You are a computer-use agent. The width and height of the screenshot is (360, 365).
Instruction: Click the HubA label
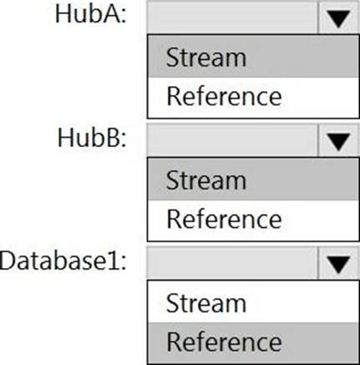tap(90, 14)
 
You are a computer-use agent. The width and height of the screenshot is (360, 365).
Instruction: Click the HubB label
tap(92, 138)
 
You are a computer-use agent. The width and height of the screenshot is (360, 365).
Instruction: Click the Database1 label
tap(63, 261)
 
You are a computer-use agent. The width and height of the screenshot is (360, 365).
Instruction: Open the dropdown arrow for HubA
tap(338, 18)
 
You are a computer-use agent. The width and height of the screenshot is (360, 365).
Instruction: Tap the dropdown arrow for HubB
tap(338, 141)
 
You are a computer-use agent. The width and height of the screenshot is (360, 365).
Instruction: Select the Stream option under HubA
tap(206, 58)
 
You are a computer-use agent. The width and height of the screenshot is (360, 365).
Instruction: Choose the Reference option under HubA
tap(224, 96)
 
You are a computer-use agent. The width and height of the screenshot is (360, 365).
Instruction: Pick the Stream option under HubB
tap(206, 180)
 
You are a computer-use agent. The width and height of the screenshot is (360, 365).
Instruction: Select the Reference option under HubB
tap(224, 220)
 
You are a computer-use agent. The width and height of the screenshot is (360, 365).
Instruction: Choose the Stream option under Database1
tap(206, 303)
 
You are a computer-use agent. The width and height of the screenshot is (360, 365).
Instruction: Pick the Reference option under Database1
tap(224, 342)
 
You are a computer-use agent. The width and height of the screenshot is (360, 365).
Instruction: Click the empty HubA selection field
tap(232, 18)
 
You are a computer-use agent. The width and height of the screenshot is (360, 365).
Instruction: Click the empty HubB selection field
tap(232, 140)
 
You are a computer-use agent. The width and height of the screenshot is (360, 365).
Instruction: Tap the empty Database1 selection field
tap(232, 263)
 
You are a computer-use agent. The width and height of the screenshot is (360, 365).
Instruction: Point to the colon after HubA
tap(123, 18)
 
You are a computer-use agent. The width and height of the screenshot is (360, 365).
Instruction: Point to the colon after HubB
tap(123, 140)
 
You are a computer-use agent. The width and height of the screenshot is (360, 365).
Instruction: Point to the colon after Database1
tap(123, 264)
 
